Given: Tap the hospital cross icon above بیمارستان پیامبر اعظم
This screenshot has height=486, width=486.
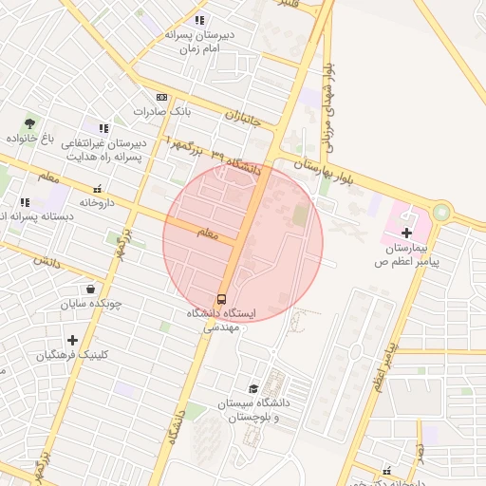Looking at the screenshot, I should tap(407, 232).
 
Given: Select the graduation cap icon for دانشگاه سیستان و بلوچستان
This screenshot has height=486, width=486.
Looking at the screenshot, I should tap(253, 388).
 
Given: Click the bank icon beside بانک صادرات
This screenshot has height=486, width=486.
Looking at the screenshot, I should tap(161, 97).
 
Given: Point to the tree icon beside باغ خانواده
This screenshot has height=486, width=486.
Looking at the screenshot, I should tap(29, 123).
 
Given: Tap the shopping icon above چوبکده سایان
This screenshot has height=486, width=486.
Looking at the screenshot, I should tap(90, 290).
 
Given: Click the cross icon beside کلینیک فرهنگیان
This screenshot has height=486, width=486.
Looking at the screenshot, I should tap(72, 340).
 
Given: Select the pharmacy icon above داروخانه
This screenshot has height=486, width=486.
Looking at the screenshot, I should tap(97, 189).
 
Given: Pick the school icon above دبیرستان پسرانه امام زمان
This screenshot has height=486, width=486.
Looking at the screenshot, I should tap(199, 20).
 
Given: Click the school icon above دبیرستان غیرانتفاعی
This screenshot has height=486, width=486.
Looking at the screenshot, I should tap(103, 128).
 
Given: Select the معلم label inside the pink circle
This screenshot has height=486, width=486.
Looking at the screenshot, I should tap(207, 232).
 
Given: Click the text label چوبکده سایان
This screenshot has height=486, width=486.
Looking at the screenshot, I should tap(93, 306).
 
